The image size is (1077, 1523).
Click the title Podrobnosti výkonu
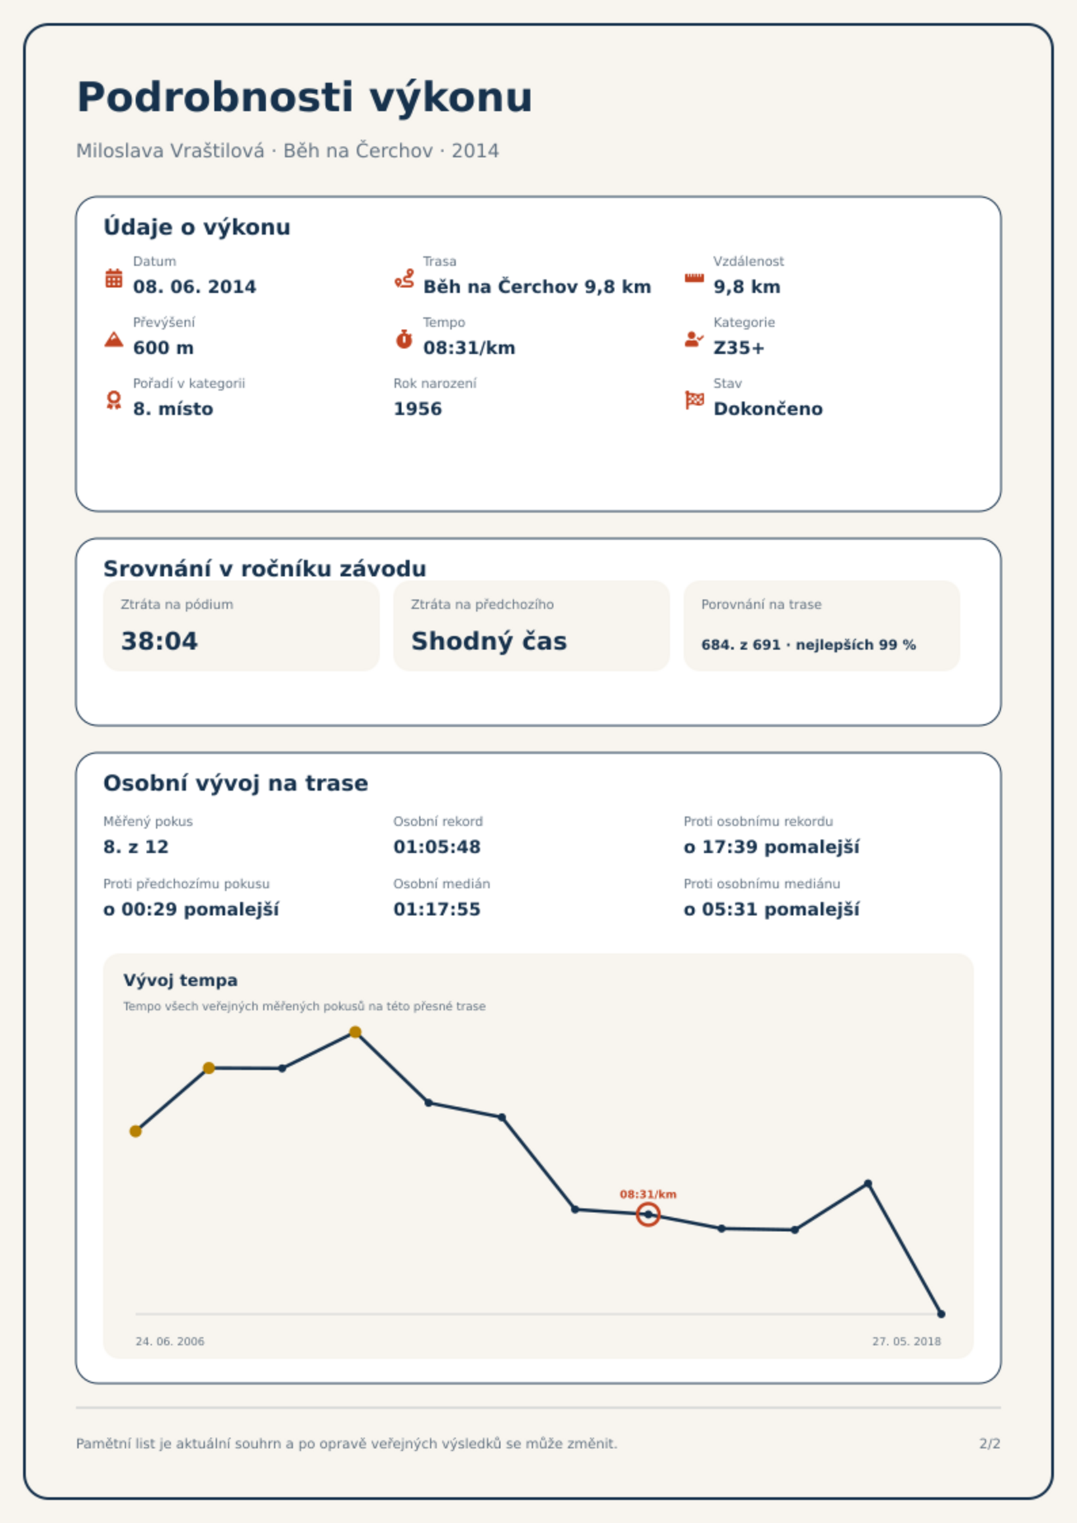pos(305,98)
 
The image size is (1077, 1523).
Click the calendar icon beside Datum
pos(114,278)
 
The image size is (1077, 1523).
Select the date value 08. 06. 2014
pos(195,287)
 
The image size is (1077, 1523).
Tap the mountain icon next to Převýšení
pos(114,339)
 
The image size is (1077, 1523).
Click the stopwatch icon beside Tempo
pos(404,339)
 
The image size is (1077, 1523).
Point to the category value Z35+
pos(739,348)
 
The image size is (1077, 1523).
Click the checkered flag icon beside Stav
pos(694,400)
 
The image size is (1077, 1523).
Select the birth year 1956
pos(418,409)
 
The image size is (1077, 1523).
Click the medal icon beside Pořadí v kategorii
pos(114,400)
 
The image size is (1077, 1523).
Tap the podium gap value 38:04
pos(159,641)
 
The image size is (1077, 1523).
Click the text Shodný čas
pos(489,641)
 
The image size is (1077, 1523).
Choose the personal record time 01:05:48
pos(437,847)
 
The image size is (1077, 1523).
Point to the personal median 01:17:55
pos(437,909)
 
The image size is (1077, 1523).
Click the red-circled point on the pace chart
pos(648,1214)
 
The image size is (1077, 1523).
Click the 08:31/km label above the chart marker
pos(648,1194)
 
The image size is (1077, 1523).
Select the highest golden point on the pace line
pos(355,1032)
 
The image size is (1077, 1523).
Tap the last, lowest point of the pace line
pos(941,1314)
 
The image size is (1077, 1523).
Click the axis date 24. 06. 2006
pos(170,1341)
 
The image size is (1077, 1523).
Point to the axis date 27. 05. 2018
pos(907,1341)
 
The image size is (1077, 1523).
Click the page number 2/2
pos(990,1444)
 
